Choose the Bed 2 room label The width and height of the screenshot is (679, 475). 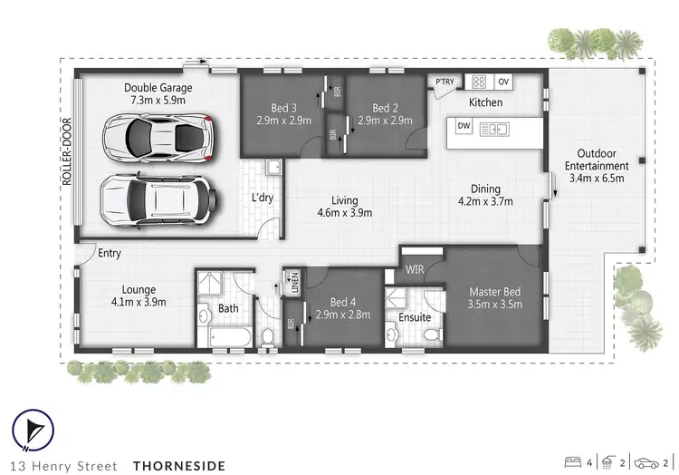coord(386,113)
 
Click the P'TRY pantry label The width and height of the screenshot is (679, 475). coord(445,82)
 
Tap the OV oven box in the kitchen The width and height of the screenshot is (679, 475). coord(503,82)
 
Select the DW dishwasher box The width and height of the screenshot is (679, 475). coord(464,125)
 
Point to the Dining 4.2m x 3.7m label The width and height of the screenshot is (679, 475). coord(480,195)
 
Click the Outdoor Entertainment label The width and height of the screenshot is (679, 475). coord(596,171)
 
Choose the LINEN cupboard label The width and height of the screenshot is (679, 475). coord(292,281)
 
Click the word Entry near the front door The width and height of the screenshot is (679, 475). coord(110,254)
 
